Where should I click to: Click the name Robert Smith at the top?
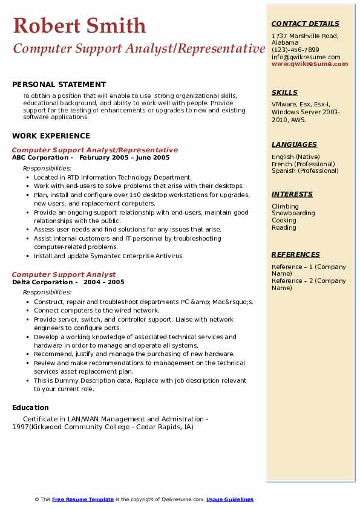point(79,25)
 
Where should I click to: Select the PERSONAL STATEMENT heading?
point(59,85)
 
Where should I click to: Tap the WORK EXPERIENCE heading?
point(51,136)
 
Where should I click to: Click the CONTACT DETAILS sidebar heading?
point(305,24)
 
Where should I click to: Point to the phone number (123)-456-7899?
point(295,50)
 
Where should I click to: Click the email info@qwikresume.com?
point(306,57)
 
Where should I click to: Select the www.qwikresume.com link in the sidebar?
point(306,63)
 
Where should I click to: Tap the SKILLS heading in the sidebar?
point(284,92)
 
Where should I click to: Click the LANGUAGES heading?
point(294,144)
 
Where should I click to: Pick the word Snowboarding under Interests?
point(293,213)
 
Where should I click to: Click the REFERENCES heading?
point(296,254)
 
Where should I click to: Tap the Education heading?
point(30,407)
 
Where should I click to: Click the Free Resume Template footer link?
point(83,499)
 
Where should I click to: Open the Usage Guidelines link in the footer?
point(229,499)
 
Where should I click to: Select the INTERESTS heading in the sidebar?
point(292,194)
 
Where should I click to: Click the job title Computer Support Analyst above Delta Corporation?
point(64,274)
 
